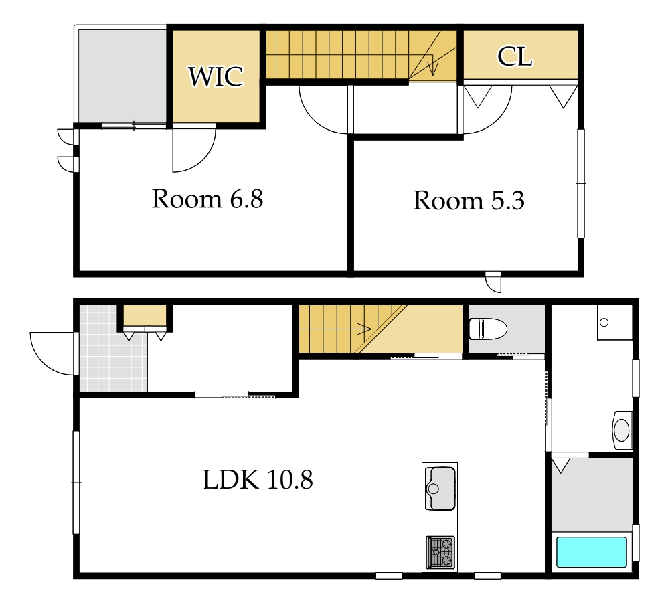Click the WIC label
click(x=216, y=76)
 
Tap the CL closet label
click(x=515, y=56)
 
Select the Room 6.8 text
click(x=207, y=199)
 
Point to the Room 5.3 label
click(x=469, y=200)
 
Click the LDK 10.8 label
click(x=258, y=479)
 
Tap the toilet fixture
click(x=488, y=329)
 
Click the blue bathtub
click(x=592, y=552)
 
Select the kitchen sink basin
click(x=440, y=489)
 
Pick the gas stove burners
click(x=440, y=551)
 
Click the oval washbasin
click(x=622, y=430)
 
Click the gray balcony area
click(x=122, y=76)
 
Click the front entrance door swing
click(x=53, y=353)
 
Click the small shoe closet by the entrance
click(x=145, y=315)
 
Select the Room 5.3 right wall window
click(x=581, y=183)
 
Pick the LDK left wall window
click(x=76, y=483)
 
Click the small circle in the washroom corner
click(x=604, y=323)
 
